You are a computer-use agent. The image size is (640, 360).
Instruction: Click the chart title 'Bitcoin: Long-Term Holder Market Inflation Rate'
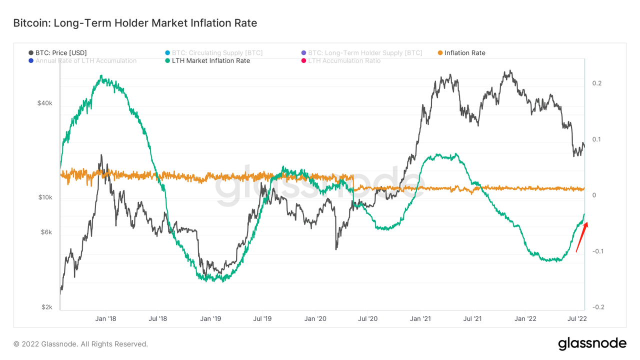pyautogui.click(x=135, y=23)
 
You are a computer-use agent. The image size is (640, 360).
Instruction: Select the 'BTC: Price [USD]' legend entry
pyautogui.click(x=61, y=52)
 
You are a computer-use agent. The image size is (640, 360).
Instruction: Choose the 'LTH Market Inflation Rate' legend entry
pyautogui.click(x=210, y=60)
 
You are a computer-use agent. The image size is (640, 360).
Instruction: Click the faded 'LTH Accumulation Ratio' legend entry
pyautogui.click(x=344, y=60)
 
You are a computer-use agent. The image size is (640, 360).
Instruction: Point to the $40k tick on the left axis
pyautogui.click(x=44, y=103)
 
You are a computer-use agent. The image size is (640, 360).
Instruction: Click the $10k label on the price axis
pyautogui.click(x=45, y=197)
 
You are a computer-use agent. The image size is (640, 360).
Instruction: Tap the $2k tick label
pyautogui.click(x=47, y=307)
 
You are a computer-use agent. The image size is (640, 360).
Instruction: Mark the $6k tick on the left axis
pyautogui.click(x=46, y=232)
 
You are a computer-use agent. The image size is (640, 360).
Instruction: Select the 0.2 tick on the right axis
pyautogui.click(x=597, y=83)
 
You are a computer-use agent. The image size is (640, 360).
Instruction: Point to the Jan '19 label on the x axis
pyautogui.click(x=210, y=318)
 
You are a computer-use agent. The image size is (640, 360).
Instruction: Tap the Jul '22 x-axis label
pyautogui.click(x=578, y=318)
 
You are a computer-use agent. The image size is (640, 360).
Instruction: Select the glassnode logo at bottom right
pyautogui.click(x=592, y=343)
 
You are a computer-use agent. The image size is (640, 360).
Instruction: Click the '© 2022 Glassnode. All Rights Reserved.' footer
pyautogui.click(x=80, y=344)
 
